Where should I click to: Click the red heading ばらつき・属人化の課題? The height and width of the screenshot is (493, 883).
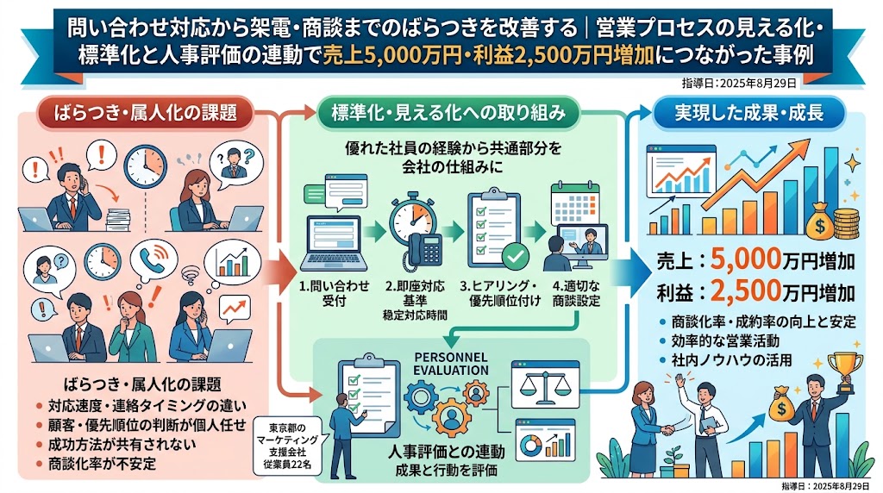pos(145,113)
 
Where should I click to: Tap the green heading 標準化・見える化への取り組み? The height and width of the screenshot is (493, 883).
pos(448,113)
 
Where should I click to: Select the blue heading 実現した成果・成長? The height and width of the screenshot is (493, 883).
pos(749,113)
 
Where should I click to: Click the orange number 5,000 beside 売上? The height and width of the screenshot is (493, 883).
pos(746,259)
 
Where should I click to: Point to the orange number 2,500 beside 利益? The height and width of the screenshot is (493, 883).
pos(746,291)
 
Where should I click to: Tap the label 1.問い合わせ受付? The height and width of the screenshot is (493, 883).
pos(334,293)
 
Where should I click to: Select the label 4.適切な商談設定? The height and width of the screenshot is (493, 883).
pos(575,293)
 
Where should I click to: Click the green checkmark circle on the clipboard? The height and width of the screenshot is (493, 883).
pos(516,257)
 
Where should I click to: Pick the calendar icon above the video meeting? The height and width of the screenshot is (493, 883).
pos(575,203)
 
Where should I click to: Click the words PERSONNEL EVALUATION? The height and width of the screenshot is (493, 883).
pos(450,364)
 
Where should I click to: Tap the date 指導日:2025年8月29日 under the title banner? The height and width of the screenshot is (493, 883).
pos(739,84)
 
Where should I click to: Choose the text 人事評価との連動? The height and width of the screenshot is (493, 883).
pos(447,452)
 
